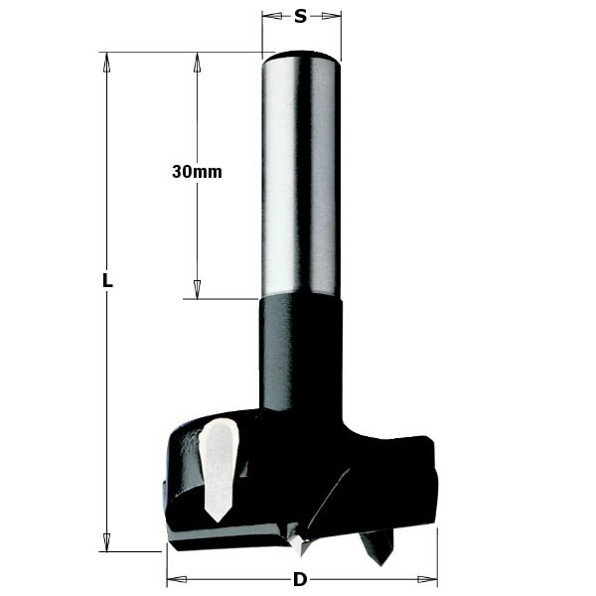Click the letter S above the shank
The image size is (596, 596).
click(x=301, y=16)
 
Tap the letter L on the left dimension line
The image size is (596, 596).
click(x=107, y=281)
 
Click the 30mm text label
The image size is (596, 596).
click(x=197, y=171)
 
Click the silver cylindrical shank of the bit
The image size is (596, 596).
click(x=301, y=179)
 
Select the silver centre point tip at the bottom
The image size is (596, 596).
click(x=302, y=546)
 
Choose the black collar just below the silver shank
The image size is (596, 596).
click(x=301, y=348)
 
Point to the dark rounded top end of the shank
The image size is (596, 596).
click(x=301, y=56)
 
